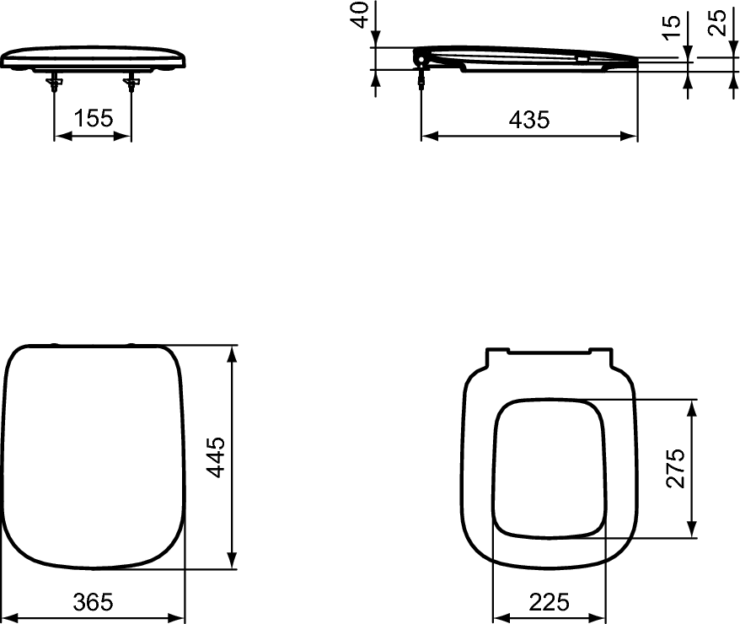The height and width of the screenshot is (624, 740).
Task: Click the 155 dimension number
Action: (93, 119)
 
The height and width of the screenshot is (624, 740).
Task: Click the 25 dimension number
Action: (718, 22)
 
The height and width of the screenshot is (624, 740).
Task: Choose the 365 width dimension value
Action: (92, 602)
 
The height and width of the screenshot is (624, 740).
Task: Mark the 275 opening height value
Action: (675, 468)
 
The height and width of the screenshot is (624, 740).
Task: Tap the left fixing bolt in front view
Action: (55, 82)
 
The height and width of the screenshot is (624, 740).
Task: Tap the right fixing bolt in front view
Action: (131, 82)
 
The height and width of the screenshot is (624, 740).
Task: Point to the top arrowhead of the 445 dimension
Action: (233, 352)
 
